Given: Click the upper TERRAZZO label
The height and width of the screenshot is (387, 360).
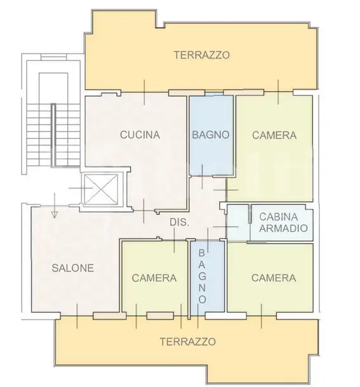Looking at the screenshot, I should [x=201, y=55].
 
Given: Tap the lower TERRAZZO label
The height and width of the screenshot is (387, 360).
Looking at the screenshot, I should [x=187, y=341].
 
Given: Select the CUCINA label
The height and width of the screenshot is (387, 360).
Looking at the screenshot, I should [x=140, y=135].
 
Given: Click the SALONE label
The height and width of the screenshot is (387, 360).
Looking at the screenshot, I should [x=72, y=268].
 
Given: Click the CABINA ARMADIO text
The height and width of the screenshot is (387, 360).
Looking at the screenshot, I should [x=283, y=222].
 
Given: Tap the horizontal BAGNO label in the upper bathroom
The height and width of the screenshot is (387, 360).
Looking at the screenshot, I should [x=210, y=135].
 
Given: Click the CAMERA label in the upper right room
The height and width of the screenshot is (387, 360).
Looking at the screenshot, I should [x=274, y=135].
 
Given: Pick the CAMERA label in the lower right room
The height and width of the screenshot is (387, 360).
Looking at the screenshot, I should [x=273, y=278].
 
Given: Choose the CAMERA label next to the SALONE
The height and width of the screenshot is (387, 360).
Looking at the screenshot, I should [x=154, y=278].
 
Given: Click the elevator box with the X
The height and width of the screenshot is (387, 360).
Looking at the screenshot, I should [x=101, y=189].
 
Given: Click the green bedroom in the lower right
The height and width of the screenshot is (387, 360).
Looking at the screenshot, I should [x=270, y=295].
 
